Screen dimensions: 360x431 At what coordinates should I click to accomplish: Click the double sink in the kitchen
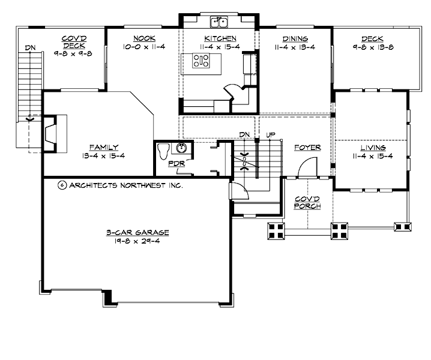pyautogui.click(x=218, y=23)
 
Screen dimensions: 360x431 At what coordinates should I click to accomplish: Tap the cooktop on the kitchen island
pyautogui.click(x=201, y=60)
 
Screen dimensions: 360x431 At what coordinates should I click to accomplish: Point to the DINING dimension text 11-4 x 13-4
pyautogui.click(x=294, y=46)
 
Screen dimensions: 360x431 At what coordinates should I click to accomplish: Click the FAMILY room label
pyautogui.click(x=104, y=147)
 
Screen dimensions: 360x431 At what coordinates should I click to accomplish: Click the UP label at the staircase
pyautogui.click(x=270, y=134)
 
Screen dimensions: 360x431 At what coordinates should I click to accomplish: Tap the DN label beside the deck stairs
pyautogui.click(x=29, y=48)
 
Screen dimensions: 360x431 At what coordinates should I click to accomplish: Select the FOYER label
pyautogui.click(x=307, y=147)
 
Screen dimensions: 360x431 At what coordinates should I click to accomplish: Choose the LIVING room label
pyautogui.click(x=373, y=147)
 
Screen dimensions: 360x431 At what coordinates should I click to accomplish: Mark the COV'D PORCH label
pyautogui.click(x=307, y=203)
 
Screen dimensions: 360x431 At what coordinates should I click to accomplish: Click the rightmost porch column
pyautogui.click(x=403, y=227)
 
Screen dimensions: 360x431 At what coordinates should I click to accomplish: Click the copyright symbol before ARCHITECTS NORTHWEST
pyautogui.click(x=61, y=185)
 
